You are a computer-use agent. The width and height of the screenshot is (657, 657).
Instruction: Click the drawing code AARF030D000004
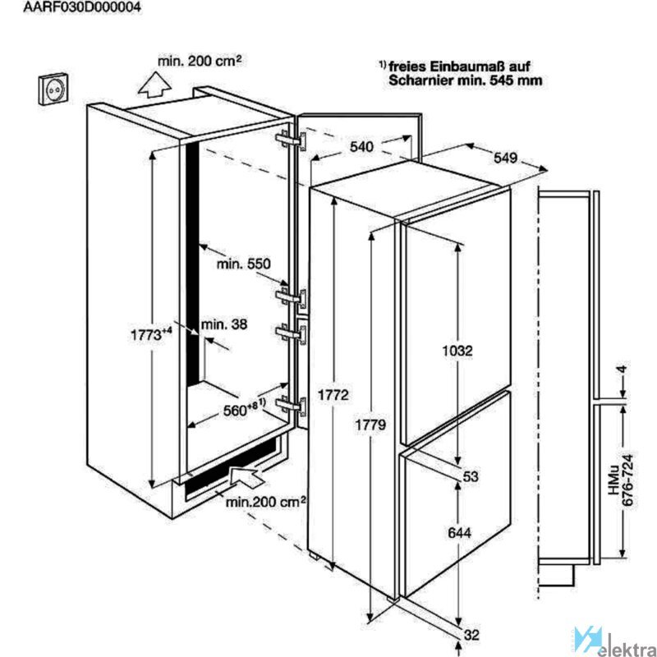(81, 7)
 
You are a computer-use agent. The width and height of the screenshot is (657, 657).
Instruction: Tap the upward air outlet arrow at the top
(154, 85)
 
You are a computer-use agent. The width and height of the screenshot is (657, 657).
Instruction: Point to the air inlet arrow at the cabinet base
(246, 477)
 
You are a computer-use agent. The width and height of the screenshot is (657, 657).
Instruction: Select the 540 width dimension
(361, 147)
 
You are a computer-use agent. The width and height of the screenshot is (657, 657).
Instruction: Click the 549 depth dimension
(505, 158)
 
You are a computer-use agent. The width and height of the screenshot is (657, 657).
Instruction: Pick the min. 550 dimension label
(244, 264)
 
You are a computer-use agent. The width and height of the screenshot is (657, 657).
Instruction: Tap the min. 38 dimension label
(224, 324)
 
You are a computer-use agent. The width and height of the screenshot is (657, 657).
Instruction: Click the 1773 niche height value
(151, 335)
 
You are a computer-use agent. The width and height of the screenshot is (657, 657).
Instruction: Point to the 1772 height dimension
(333, 395)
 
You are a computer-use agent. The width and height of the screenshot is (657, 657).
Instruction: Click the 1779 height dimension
(370, 425)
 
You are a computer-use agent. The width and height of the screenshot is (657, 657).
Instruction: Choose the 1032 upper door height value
(457, 351)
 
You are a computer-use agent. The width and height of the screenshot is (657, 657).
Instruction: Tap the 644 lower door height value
(460, 533)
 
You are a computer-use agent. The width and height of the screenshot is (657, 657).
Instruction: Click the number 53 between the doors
(471, 476)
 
